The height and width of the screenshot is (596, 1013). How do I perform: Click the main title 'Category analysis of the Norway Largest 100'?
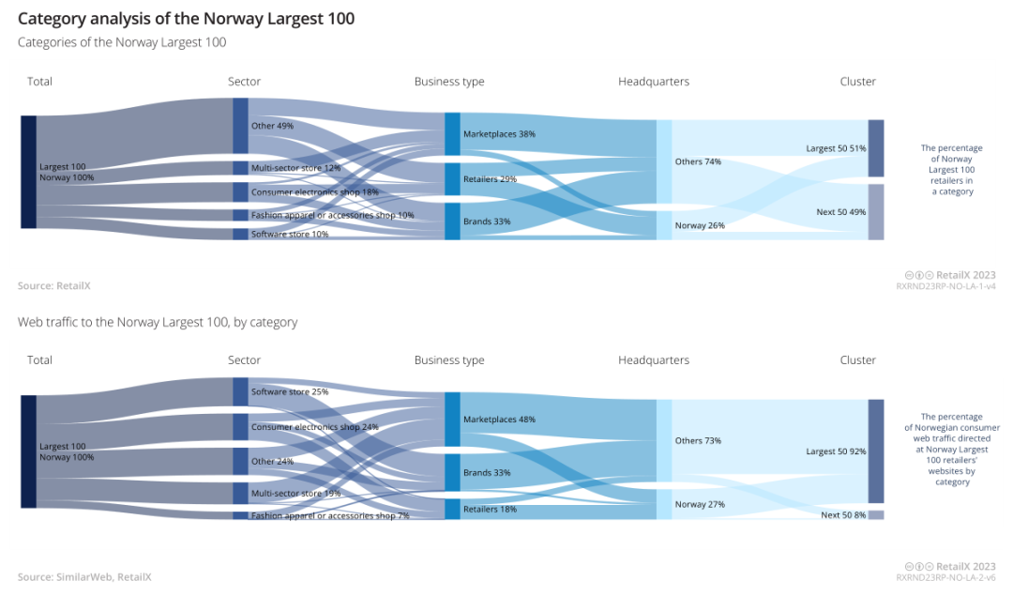coord(186,19)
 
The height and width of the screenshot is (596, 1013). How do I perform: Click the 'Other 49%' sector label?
coord(272,126)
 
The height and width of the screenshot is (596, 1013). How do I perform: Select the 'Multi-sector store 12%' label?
coord(295,168)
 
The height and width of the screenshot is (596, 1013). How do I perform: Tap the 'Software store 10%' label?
coord(290,234)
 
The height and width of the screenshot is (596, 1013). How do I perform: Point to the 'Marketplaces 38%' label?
coord(499,134)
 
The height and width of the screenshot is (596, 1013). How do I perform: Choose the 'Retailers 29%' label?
coord(490,178)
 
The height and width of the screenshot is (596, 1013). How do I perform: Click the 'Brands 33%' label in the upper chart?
coord(486,222)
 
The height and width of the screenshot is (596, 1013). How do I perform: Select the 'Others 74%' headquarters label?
coord(698,161)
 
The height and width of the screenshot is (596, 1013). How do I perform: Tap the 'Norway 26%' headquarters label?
coord(700,225)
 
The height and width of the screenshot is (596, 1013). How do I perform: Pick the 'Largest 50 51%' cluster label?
coord(836,148)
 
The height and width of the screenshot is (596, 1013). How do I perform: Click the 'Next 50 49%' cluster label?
coord(840,212)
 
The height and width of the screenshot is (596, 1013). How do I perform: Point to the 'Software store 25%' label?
coord(290,391)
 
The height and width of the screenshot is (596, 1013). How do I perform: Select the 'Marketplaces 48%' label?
coord(499,420)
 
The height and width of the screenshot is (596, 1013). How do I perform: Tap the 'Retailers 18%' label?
coord(490,510)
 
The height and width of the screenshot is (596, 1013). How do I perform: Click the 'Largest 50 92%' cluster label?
coord(836,451)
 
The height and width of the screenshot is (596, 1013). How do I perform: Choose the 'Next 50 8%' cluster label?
coord(843,515)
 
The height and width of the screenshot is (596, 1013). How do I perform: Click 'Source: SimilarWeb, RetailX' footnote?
coord(84,577)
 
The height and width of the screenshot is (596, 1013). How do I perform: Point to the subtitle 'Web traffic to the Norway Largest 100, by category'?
coord(158,322)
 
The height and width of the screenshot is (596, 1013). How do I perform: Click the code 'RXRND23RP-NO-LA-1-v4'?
coord(945,286)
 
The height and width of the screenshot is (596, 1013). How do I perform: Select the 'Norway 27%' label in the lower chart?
coord(700,504)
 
